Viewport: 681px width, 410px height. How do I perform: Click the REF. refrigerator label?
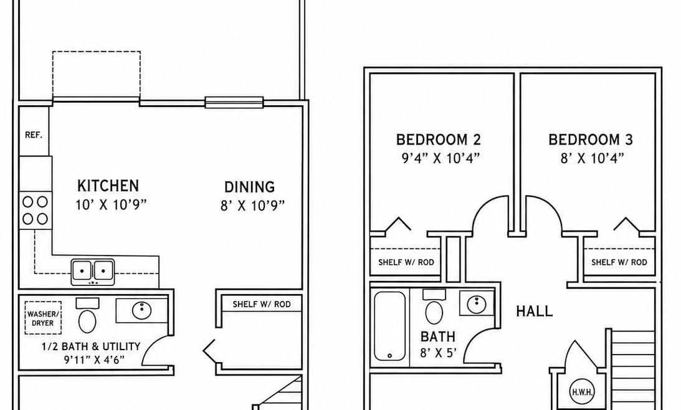coord(34,135)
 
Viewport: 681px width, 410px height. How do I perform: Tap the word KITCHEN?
coord(108,186)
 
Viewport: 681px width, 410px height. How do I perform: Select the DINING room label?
coord(249,187)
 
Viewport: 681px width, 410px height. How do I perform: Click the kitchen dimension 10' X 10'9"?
coord(111,204)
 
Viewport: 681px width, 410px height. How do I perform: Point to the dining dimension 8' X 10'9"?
coord(252,206)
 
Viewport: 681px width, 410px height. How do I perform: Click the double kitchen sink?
coord(93,272)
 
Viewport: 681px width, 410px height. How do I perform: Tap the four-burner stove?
coord(35,210)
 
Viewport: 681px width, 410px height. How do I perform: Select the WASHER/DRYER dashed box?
coord(42,318)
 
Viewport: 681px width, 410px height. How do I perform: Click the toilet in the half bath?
coord(87,316)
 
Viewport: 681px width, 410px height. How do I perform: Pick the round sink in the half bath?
coord(141,310)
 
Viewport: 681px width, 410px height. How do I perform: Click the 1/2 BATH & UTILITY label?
coord(91,346)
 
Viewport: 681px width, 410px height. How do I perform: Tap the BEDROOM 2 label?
coord(439,140)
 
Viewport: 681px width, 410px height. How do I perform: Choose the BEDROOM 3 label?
coord(591,140)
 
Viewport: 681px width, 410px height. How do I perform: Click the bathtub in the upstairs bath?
coord(389,326)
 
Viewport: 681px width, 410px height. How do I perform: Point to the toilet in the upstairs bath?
coord(434,307)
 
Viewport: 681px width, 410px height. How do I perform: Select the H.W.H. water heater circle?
coord(582,392)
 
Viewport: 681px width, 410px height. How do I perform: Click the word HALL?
coord(535,311)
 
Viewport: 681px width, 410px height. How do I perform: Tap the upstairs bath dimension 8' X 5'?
coord(438,352)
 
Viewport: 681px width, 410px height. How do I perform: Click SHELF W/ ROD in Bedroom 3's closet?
coord(619,262)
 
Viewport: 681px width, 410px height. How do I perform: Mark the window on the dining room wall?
coord(234,102)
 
